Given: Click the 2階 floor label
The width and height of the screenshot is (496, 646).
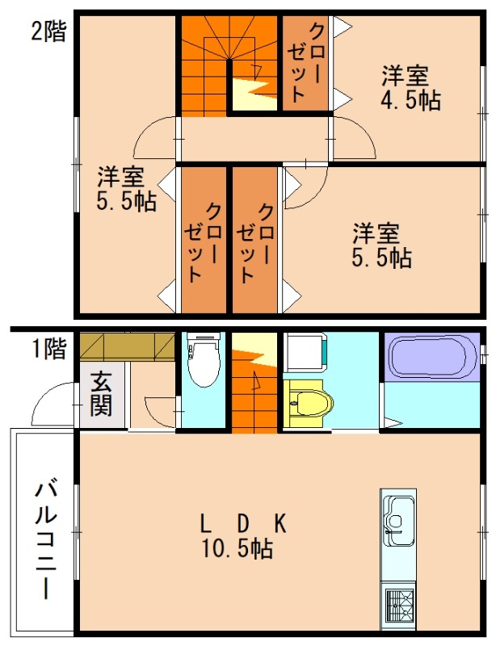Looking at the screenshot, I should click(x=48, y=31).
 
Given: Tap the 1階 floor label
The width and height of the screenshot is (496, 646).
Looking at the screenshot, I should click(x=48, y=350).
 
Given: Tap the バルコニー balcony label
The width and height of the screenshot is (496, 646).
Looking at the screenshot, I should click(x=46, y=538).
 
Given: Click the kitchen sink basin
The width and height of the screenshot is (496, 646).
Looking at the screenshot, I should click(x=397, y=516).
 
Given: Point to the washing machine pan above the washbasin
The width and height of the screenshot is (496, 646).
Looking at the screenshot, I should click(x=305, y=353).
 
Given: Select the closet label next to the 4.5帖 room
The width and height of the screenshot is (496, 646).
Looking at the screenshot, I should click(x=305, y=63).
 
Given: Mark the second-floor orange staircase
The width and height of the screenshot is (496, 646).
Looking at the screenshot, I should click(x=206, y=65).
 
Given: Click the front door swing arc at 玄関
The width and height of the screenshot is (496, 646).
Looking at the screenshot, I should click(x=55, y=405).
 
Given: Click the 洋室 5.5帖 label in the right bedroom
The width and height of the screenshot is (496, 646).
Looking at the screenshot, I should click(x=380, y=245).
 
